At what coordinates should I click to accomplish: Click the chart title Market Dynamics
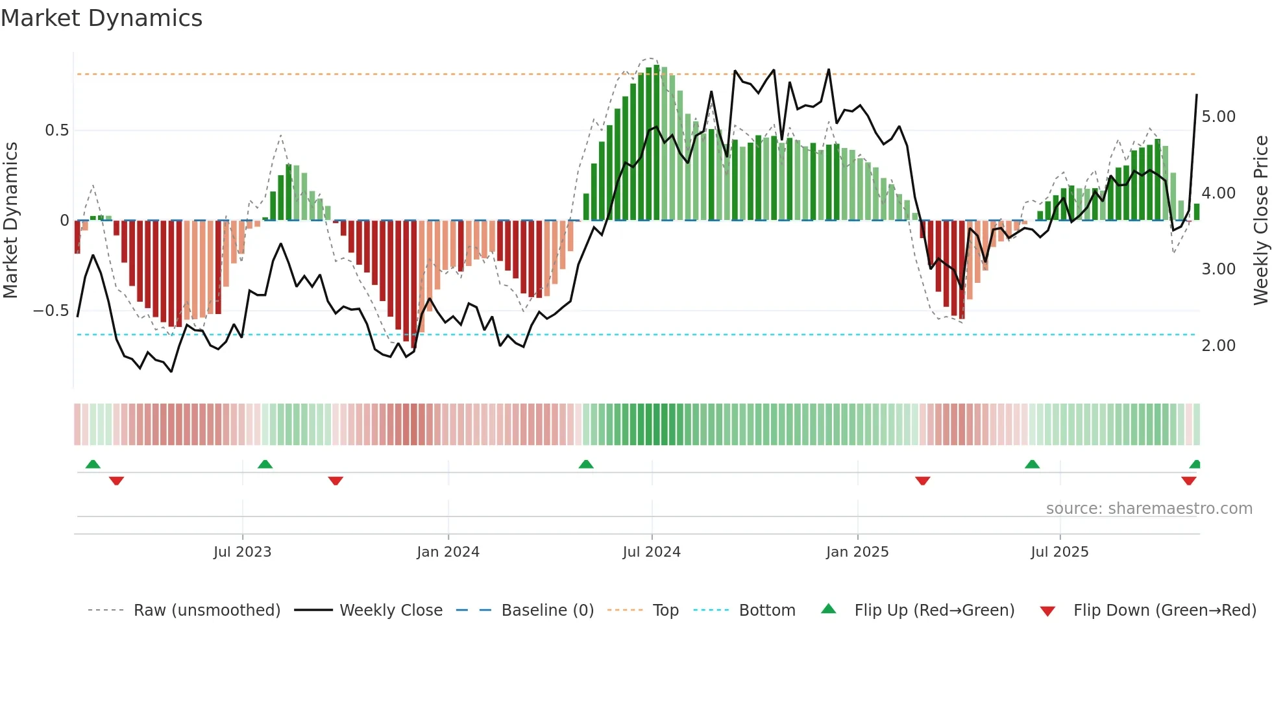click(x=102, y=18)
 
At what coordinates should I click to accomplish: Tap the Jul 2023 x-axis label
click(x=242, y=552)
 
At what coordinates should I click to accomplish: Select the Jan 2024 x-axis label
click(x=448, y=552)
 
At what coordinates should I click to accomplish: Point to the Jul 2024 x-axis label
click(x=652, y=552)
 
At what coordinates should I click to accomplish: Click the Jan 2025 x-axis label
click(x=857, y=552)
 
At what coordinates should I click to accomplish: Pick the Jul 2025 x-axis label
click(x=1060, y=552)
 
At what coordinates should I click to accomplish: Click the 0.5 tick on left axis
click(x=56, y=130)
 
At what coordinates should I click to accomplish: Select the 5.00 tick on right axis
click(x=1218, y=117)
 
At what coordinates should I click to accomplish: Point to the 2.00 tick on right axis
click(x=1218, y=346)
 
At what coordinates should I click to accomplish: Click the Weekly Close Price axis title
click(x=1260, y=221)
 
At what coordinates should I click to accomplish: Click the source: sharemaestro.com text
click(x=1149, y=509)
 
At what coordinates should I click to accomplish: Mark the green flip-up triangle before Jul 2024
click(x=586, y=464)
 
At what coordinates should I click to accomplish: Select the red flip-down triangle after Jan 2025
click(x=922, y=481)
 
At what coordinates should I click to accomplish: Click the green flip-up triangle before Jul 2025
click(x=1032, y=464)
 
